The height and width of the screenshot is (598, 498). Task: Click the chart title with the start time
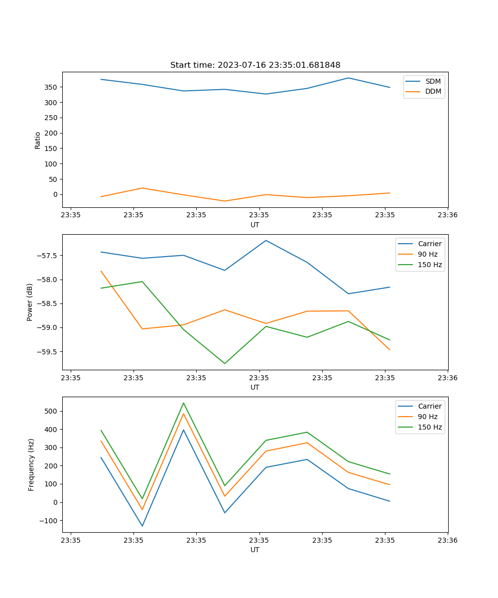click(x=255, y=65)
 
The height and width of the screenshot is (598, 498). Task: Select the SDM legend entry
click(x=433, y=81)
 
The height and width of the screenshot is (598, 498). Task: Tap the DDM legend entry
click(x=433, y=91)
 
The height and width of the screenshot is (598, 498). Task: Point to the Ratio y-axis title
click(x=38, y=140)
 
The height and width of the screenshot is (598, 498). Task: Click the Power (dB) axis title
click(x=30, y=302)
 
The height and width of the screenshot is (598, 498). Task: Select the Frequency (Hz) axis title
click(x=31, y=464)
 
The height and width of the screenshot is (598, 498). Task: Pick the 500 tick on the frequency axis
click(x=51, y=412)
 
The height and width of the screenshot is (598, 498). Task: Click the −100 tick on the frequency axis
click(x=48, y=521)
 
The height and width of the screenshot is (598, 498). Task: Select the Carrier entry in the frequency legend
click(x=429, y=406)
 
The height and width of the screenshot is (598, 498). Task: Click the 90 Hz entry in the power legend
click(x=428, y=254)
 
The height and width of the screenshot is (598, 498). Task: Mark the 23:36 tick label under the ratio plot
click(x=447, y=215)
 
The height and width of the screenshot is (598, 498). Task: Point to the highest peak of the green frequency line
click(x=183, y=403)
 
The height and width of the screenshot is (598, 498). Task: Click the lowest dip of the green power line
click(x=225, y=363)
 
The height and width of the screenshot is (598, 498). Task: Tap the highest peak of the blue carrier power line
click(x=266, y=240)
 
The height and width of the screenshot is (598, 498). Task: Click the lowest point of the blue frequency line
click(x=142, y=526)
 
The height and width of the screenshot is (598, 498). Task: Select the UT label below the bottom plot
click(x=255, y=550)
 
